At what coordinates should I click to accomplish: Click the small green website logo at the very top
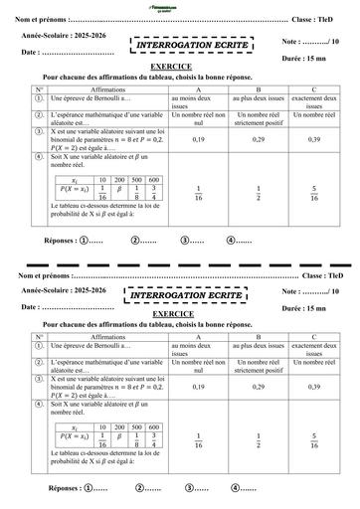[x=181, y=5]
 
